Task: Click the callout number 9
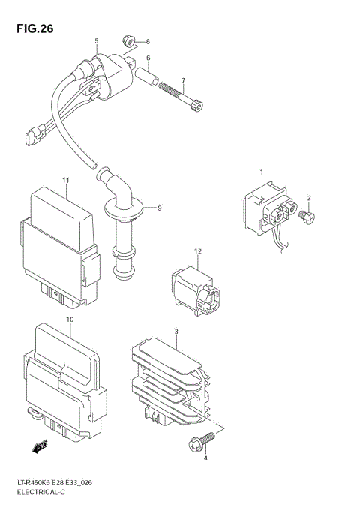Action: click(x=159, y=207)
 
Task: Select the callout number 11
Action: click(x=66, y=181)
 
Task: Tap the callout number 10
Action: click(x=70, y=319)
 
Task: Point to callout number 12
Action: click(x=198, y=251)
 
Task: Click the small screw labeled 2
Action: click(x=307, y=217)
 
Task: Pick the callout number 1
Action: click(x=261, y=173)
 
